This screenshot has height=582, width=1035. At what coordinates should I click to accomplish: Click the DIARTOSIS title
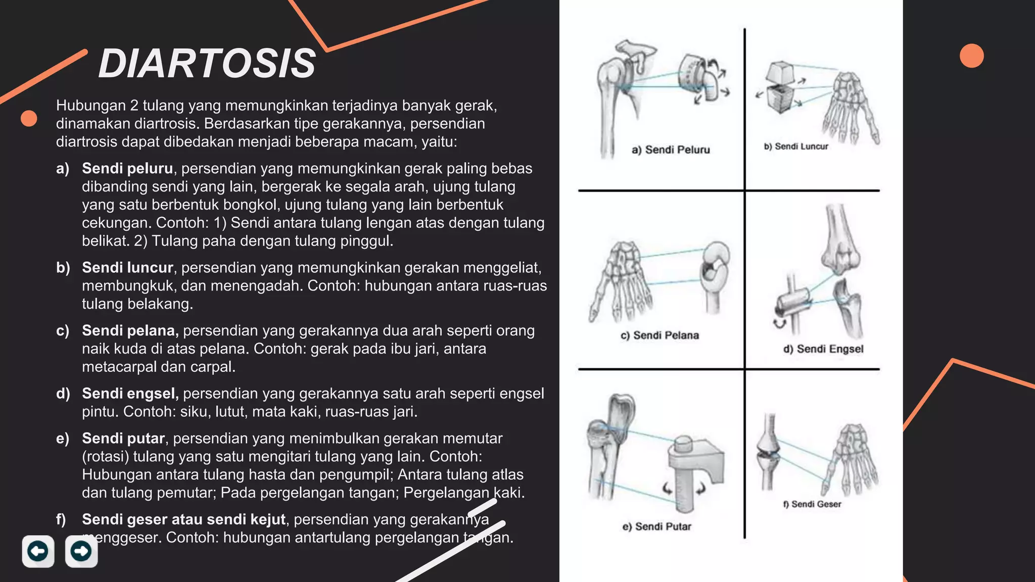207,64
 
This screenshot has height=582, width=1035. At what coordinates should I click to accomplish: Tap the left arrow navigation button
38,551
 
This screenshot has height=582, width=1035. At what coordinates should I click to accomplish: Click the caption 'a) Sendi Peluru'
671,150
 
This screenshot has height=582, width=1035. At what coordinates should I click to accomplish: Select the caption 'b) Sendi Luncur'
796,147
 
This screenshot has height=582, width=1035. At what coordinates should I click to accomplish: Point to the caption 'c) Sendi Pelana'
660,335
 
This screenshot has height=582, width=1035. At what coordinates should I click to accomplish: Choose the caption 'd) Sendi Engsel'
823,349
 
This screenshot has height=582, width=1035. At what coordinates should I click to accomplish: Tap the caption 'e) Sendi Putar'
656,526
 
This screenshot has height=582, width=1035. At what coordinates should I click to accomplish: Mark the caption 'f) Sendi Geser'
812,504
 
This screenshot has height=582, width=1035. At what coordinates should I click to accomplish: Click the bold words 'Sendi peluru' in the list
127,168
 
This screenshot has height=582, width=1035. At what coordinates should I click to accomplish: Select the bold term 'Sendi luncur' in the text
127,267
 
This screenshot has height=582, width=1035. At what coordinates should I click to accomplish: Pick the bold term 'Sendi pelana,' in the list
130,330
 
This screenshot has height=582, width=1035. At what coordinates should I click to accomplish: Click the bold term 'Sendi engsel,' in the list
130,394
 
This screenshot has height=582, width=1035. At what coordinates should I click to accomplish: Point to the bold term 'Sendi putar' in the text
123,439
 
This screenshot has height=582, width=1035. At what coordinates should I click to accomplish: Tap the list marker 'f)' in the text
61,519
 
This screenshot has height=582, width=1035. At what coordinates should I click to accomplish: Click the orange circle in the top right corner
971,56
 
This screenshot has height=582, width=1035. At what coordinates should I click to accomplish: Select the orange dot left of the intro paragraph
29,118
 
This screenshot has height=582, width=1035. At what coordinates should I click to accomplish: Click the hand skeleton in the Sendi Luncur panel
851,106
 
